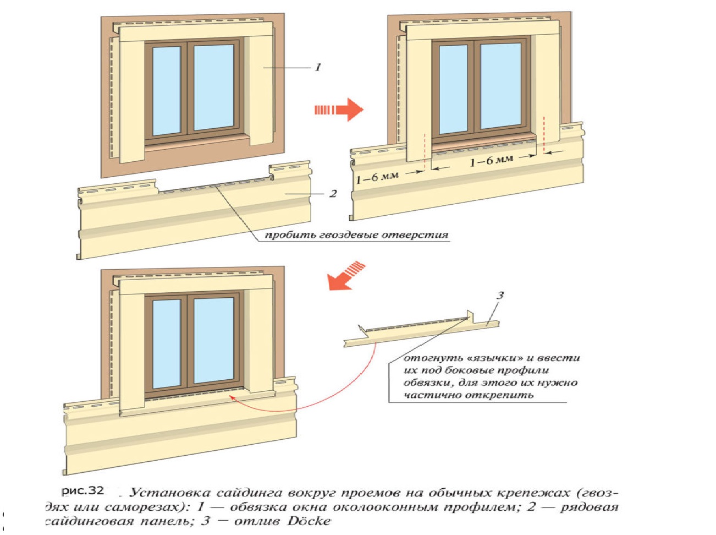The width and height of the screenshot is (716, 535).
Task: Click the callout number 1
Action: [317, 67]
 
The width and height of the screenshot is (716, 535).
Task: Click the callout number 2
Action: [333, 194]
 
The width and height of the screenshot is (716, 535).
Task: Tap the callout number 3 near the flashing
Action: [500, 296]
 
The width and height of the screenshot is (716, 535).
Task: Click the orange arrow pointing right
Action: [339, 110]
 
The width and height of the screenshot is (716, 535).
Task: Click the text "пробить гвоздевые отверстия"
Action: [356, 235]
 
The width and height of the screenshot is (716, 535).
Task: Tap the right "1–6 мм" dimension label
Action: [491, 161]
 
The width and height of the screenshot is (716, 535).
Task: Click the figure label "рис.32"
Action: [82, 490]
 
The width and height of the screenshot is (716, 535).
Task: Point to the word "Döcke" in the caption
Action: [310, 521]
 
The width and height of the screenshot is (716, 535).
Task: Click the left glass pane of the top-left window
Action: [166, 91]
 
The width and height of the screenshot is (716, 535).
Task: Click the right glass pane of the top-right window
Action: [500, 87]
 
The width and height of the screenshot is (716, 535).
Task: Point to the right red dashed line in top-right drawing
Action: [544, 134]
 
